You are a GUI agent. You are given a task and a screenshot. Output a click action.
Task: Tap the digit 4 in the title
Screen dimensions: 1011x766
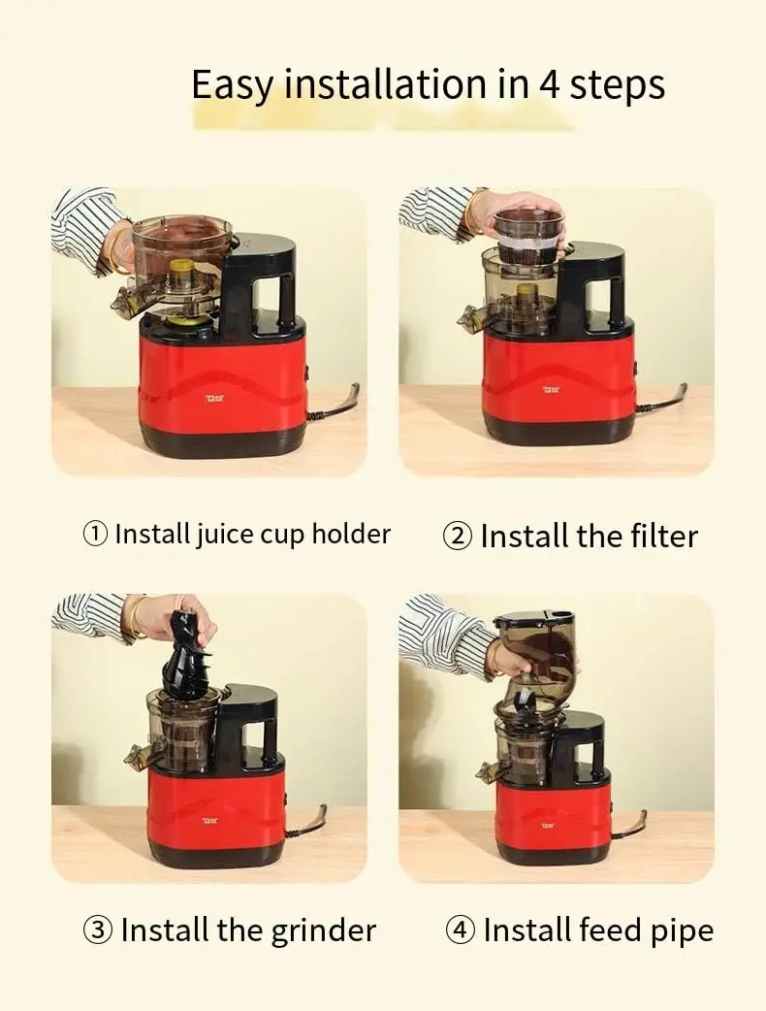pyautogui.click(x=550, y=85)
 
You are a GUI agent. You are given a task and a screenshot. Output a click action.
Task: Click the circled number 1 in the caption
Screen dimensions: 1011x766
pyautogui.click(x=95, y=534)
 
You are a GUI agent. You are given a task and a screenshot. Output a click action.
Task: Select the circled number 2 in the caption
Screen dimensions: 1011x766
pyautogui.click(x=457, y=537)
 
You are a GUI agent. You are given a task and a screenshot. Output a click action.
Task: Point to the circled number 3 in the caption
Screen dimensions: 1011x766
pyautogui.click(x=98, y=930)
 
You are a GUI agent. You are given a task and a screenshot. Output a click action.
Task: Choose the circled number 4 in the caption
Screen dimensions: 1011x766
pyautogui.click(x=460, y=930)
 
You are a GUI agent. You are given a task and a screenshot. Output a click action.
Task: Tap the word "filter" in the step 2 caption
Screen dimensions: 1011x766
pyautogui.click(x=654, y=537)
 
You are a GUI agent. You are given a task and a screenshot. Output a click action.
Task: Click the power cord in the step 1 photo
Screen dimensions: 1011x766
pyautogui.click(x=335, y=405)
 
